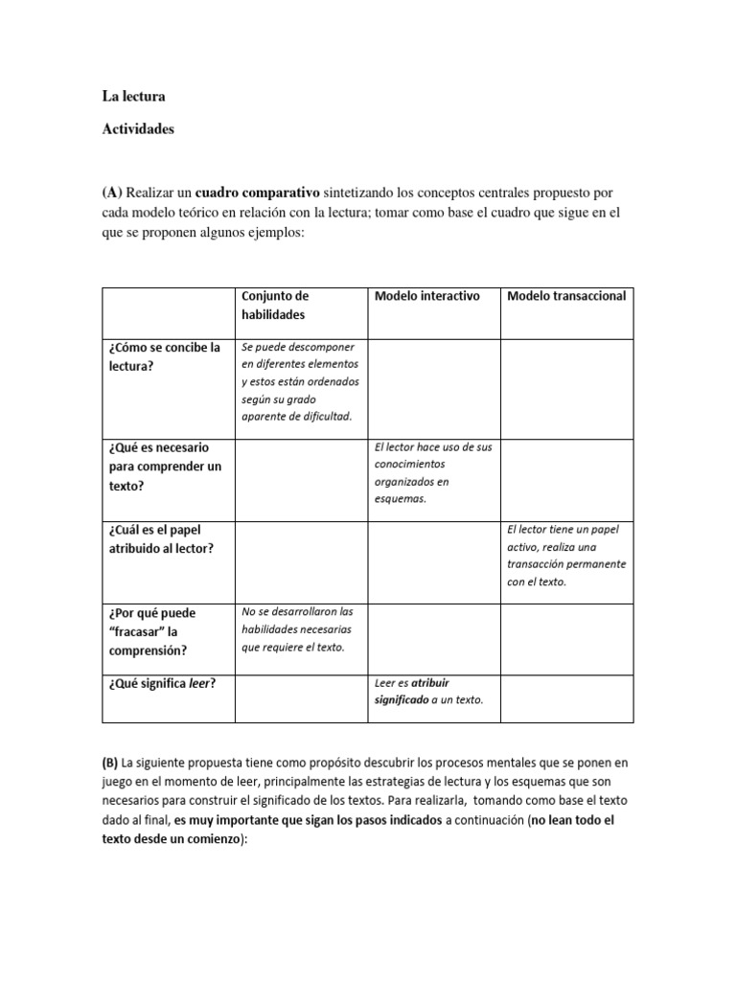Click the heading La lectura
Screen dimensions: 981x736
pyautogui.click(x=133, y=97)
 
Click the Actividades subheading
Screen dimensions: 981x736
pyautogui.click(x=138, y=129)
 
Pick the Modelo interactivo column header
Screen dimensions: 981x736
pyautogui.click(x=426, y=296)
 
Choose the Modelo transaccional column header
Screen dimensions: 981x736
pyautogui.click(x=566, y=296)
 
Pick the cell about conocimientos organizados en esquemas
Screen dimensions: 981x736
pyautogui.click(x=432, y=473)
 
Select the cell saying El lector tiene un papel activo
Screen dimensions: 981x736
pyautogui.click(x=565, y=555)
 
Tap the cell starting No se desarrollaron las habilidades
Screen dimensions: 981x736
pyautogui.click(x=298, y=629)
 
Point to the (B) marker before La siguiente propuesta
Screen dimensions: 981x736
pyautogui.click(x=111, y=764)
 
